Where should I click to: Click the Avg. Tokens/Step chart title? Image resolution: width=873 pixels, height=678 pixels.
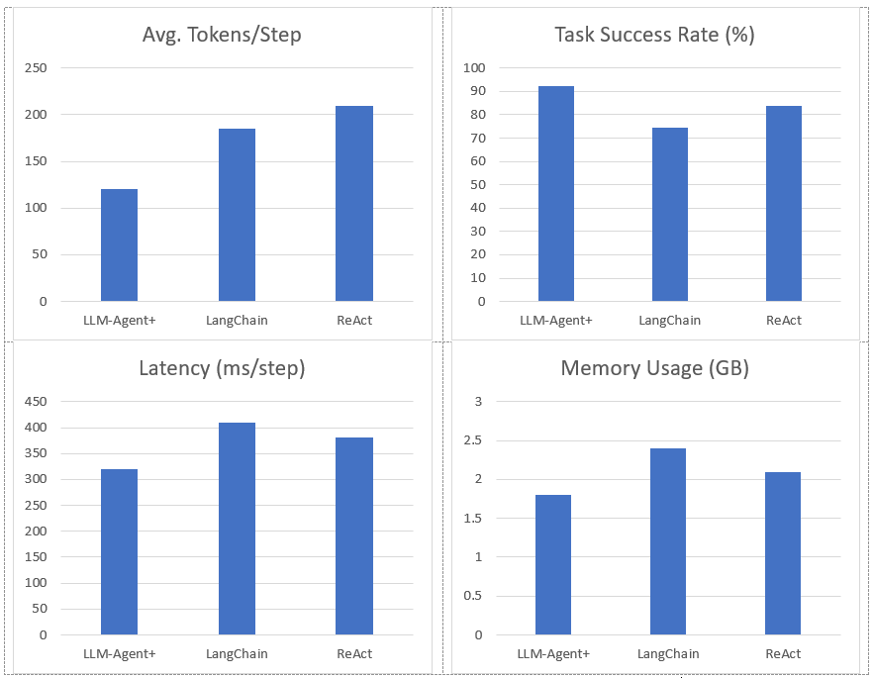click(x=222, y=36)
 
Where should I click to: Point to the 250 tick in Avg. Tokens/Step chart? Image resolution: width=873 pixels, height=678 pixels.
click(x=36, y=67)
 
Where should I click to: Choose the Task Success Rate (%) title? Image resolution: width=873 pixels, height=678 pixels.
click(x=654, y=36)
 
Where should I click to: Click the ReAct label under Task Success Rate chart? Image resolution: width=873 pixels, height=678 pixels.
click(x=784, y=320)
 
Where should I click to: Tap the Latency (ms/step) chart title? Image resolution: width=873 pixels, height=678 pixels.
click(x=222, y=369)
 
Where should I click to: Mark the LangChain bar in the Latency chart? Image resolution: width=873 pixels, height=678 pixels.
click(x=237, y=529)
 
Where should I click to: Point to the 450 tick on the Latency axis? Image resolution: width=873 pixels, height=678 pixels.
click(x=36, y=401)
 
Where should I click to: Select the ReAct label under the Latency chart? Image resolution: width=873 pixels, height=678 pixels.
click(x=354, y=653)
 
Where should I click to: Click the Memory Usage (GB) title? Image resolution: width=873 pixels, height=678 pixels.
click(x=654, y=369)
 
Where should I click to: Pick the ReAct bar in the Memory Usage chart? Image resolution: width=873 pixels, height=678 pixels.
click(x=783, y=553)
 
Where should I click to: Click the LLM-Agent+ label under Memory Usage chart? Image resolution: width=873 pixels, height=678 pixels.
click(x=553, y=653)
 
